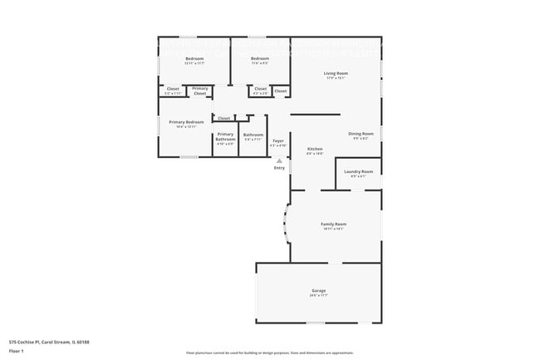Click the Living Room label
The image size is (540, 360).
coord(336,73)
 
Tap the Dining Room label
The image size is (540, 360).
coord(361,133)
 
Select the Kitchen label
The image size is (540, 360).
coord(314,149)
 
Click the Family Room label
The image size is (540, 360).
coord(334,224)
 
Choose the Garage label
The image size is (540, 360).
coord(319,291)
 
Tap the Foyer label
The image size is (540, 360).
coord(278,141)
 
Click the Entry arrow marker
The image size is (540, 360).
coord(279,160)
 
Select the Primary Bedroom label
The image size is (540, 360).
coord(186,122)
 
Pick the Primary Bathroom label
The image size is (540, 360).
coord(226,136)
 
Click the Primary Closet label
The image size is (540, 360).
coord(200,91)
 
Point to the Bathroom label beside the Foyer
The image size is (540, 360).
coord(253,135)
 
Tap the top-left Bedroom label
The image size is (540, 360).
coord(194,58)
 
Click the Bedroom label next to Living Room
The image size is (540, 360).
coord(260,58)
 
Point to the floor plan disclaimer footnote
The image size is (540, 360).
coord(269,354)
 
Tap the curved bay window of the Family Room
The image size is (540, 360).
coord(287,224)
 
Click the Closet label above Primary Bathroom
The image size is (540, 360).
coord(224,118)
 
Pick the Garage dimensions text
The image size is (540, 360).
coord(319,295)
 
